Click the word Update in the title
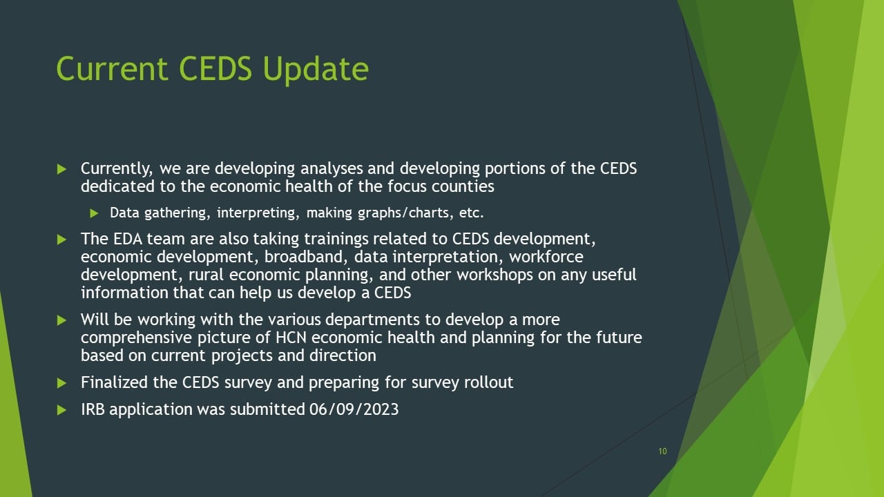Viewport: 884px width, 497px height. tap(316, 70)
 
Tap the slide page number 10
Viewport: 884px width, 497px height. tap(662, 451)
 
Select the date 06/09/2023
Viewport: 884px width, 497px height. tap(354, 409)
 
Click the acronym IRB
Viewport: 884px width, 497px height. tap(93, 409)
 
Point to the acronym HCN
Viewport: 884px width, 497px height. tap(291, 338)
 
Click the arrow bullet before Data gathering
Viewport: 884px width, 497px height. tap(94, 213)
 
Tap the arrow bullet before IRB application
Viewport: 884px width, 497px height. tap(61, 410)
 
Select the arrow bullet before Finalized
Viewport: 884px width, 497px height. tap(61, 383)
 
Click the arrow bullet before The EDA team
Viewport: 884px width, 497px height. tap(61, 240)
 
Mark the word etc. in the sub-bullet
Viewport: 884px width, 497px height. tap(471, 213)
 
